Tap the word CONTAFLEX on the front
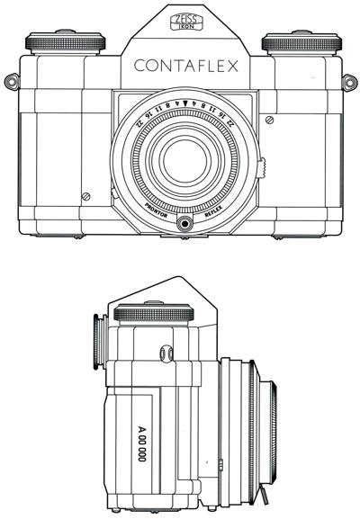(185, 66)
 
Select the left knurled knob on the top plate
(66, 42)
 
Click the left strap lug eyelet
(12, 83)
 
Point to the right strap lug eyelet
(348, 83)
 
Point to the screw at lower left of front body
(85, 196)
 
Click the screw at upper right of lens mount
(268, 121)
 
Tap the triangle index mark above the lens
(184, 105)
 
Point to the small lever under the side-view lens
(266, 496)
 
